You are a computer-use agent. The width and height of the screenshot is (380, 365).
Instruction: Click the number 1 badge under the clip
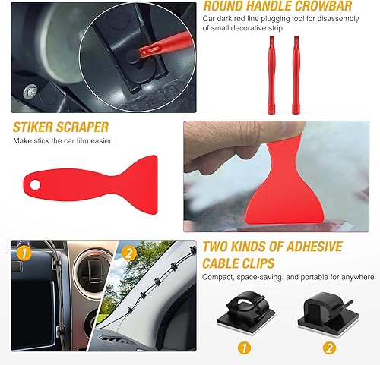pyautogui.click(x=242, y=349)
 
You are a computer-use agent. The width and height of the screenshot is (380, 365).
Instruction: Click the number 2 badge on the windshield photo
pyautogui.click(x=128, y=253)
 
